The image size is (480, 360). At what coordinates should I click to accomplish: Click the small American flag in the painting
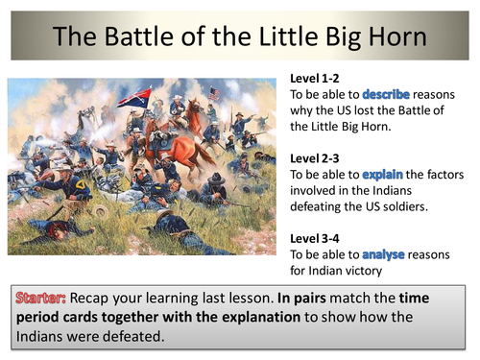216,93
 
